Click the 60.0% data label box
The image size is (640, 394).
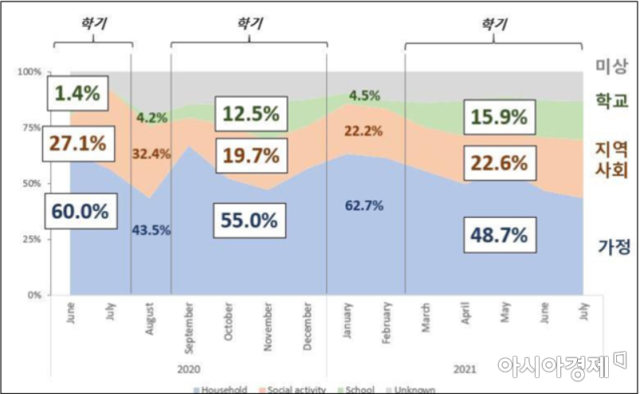coord(80,213)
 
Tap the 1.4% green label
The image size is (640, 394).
coord(77,94)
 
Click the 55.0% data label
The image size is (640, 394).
coord(249,220)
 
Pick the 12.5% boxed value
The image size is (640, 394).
coord(249,115)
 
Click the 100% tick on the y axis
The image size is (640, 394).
coord(29,72)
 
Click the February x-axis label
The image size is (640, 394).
coord(387,322)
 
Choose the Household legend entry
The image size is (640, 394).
coord(219,390)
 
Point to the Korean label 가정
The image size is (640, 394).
coord(614,247)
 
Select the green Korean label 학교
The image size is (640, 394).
coord(613,101)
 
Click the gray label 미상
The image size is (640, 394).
coord(613,65)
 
